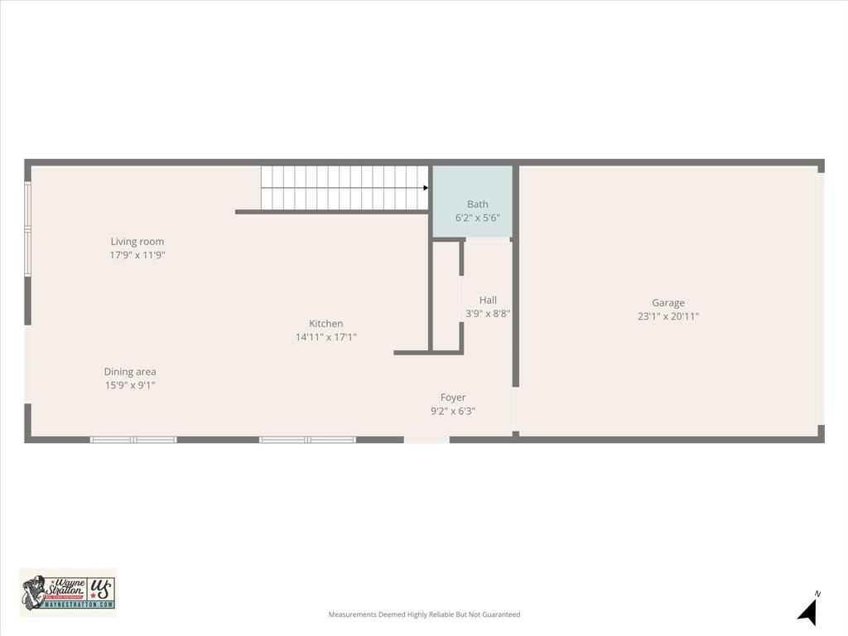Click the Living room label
[137, 242]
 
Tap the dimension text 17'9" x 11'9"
[137, 255]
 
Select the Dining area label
[130, 372]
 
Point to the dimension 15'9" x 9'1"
[130, 385]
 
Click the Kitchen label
[325, 324]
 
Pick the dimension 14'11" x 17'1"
[325, 337]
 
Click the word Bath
[478, 205]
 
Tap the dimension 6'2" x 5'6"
[478, 218]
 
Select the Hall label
[488, 301]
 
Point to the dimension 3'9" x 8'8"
[488, 314]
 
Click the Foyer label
[453, 397]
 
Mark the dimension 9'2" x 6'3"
[453, 411]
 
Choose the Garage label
[667, 303]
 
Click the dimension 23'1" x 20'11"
[667, 316]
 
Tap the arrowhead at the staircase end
[426, 188]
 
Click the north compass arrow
[808, 611]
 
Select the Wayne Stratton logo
[68, 592]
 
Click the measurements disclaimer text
[424, 614]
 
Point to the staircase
[344, 188]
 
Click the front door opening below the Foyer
[426, 440]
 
